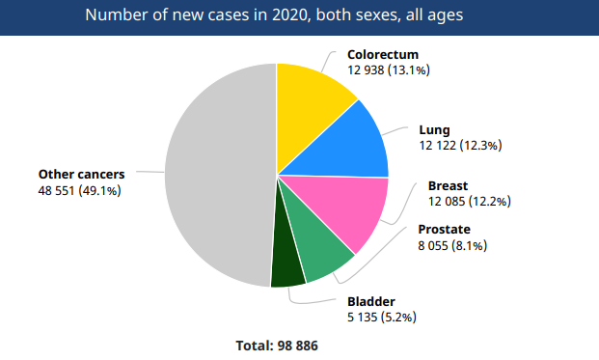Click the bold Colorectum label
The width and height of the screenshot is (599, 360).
pos(384,55)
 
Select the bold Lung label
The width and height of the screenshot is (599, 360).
pos(434,129)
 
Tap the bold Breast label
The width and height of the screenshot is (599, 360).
pos(448,185)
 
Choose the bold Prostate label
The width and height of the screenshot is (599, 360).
pos(444,230)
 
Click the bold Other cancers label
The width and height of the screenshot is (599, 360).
pos(82,174)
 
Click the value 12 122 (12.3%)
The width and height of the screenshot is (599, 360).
pos(460,145)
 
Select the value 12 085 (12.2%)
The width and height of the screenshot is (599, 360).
pos(469,201)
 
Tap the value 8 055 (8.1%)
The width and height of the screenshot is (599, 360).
pos(451,245)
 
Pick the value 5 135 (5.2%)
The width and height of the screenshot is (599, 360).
pos(382,317)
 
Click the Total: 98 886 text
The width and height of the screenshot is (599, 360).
pos(277,345)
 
